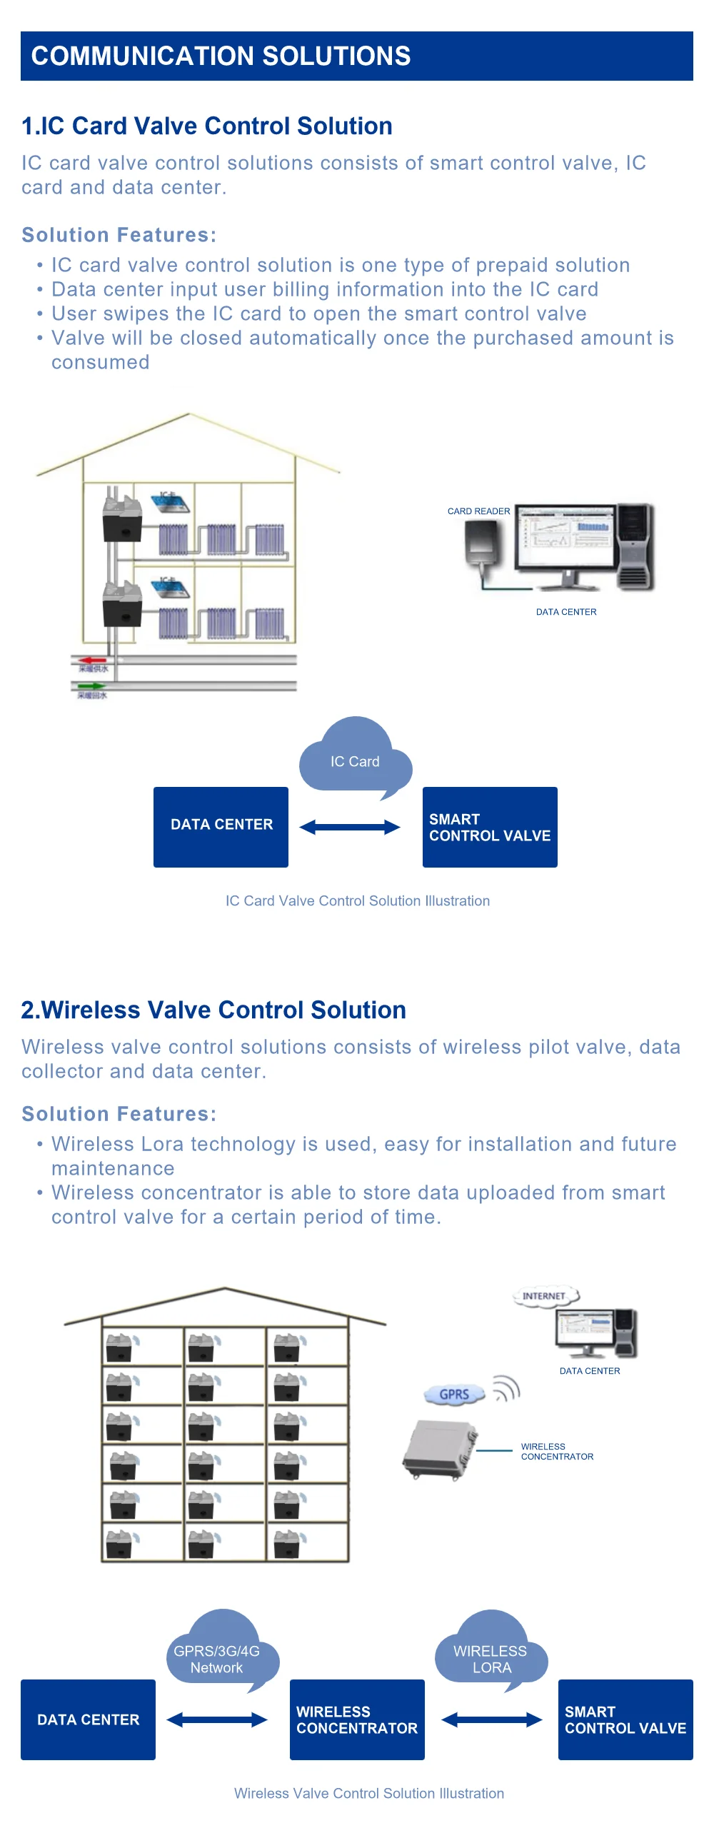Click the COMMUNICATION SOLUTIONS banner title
point(221,56)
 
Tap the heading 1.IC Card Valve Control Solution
point(207,126)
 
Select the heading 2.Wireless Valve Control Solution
point(213,1010)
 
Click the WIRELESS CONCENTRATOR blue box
point(357,1719)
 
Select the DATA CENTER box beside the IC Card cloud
point(221,826)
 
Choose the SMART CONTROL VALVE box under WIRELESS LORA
point(625,1719)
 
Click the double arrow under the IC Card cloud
point(349,828)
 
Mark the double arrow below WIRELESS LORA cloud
point(491,1719)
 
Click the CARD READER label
point(478,511)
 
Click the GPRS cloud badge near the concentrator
point(454,1395)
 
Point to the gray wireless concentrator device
point(438,1450)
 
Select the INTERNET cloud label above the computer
point(544,1296)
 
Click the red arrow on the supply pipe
point(92,661)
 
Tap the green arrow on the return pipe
point(91,686)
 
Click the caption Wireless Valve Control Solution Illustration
point(368,1793)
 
